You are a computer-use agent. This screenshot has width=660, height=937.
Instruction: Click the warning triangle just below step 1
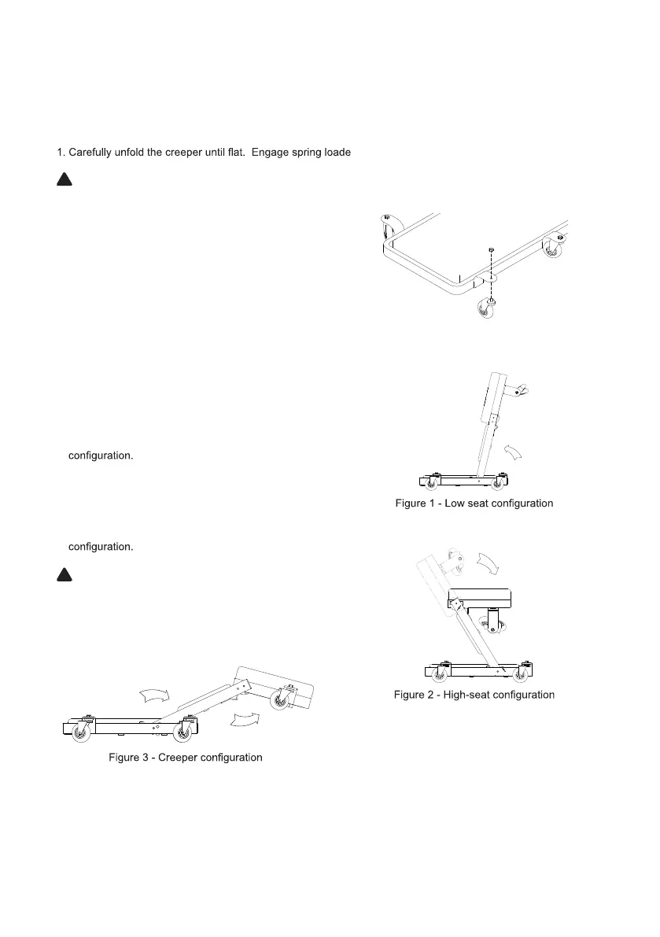point(64,180)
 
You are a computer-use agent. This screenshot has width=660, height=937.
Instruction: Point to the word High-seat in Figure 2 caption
point(469,695)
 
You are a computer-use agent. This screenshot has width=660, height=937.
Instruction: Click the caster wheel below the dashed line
point(484,309)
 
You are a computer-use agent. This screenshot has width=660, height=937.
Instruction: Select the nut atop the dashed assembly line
point(490,250)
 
